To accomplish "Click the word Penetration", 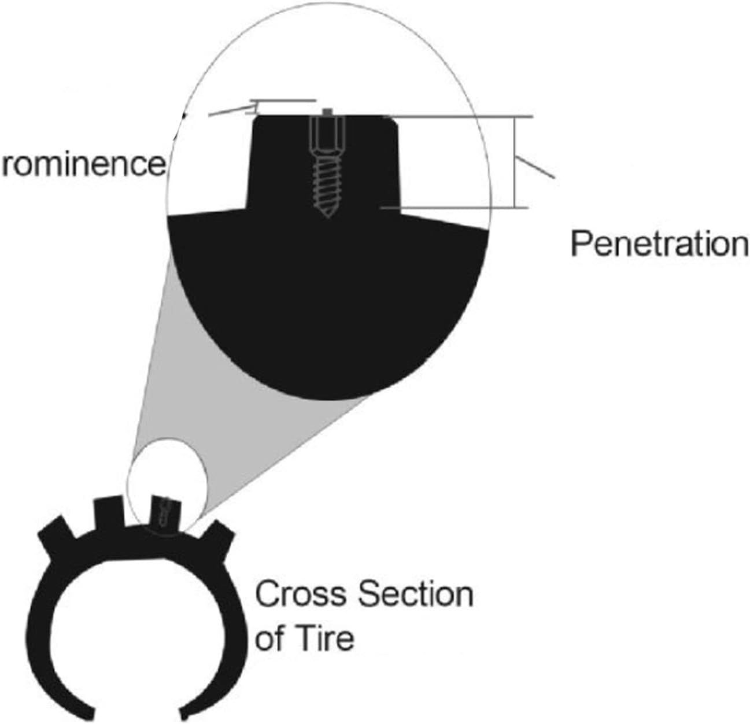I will pos(659,244).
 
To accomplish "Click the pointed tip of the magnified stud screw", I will pos(327,215).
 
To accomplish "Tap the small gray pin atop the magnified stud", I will pos(327,110).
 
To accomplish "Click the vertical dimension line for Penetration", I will pos(513,162).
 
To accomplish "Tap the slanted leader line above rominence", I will pos(228,110).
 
